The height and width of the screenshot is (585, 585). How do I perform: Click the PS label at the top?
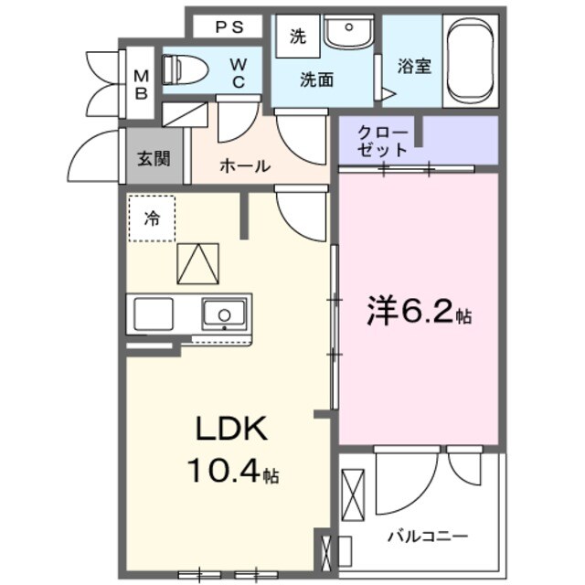[225, 27]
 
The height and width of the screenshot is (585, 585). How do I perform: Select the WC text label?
[238, 70]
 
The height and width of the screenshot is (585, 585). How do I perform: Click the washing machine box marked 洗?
[298, 37]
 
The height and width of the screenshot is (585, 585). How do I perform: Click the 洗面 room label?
[317, 80]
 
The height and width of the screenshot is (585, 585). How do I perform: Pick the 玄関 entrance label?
[154, 157]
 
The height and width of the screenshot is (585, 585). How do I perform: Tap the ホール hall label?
[244, 166]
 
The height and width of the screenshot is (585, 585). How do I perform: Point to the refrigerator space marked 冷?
[151, 218]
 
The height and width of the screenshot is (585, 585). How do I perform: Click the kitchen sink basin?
[221, 315]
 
